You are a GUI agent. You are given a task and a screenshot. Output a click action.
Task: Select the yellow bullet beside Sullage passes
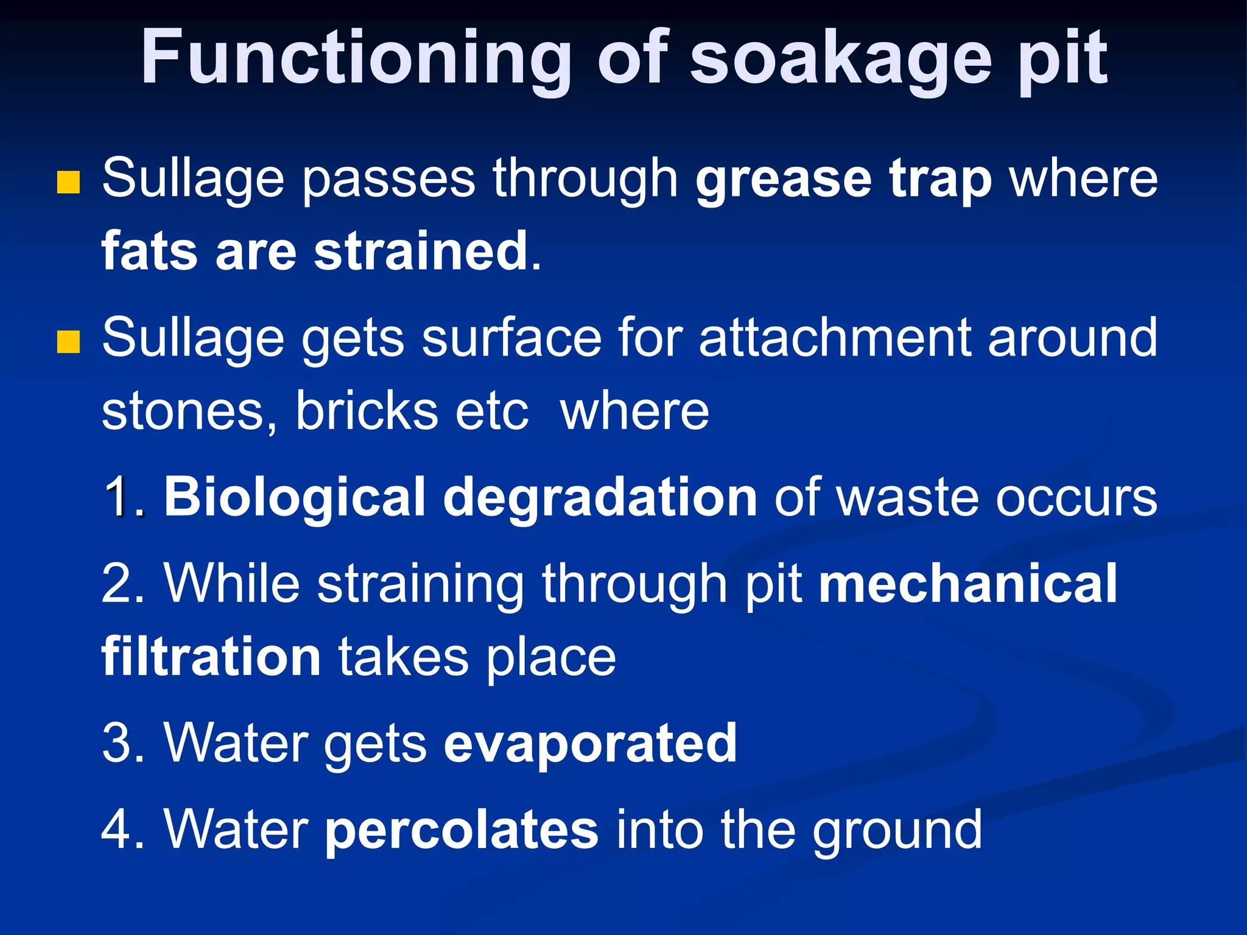pos(68,182)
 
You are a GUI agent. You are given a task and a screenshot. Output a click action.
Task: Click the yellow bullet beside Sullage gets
pos(68,341)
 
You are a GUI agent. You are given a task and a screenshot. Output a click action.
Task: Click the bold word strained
pos(421,251)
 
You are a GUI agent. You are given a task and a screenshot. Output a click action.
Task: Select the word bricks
pos(366,411)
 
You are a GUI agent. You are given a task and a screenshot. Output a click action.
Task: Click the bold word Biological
pos(295,498)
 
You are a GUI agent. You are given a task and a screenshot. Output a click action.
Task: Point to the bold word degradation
pos(600,498)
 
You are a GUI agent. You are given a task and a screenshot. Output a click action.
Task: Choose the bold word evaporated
pos(591,744)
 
